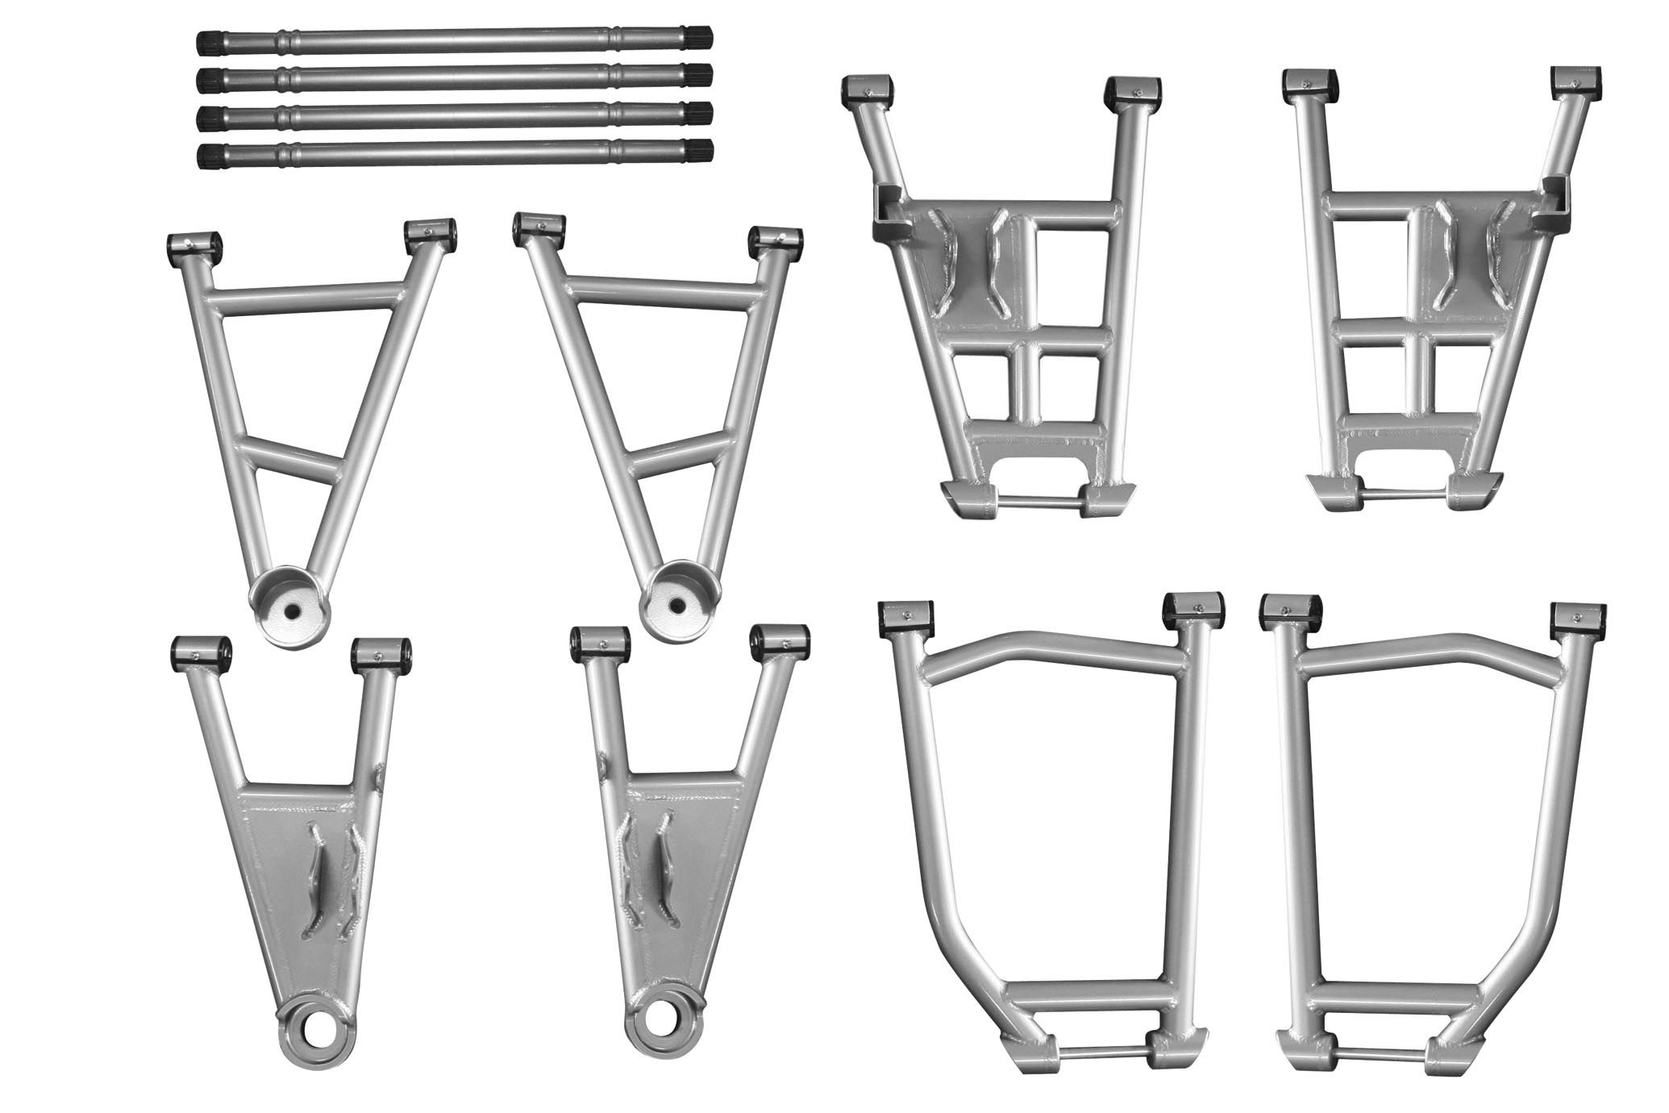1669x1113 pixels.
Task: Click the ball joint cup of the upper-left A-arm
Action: point(290,605)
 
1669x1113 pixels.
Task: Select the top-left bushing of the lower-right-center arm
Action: point(905,616)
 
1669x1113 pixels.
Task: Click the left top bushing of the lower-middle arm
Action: point(599,641)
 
